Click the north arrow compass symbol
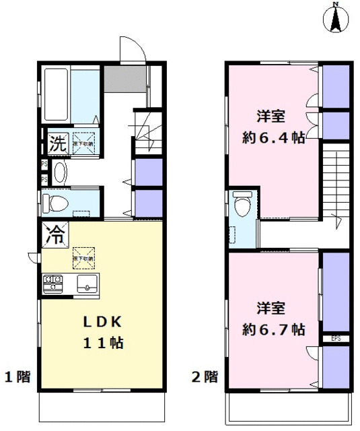[x=334, y=19]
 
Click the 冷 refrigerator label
[x=56, y=234]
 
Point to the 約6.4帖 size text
[x=274, y=138]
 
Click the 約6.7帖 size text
[x=274, y=329]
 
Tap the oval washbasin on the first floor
[x=59, y=172]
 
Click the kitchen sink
[x=87, y=283]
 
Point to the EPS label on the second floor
[x=335, y=338]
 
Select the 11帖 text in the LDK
[x=102, y=342]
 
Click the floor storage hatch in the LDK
[x=85, y=256]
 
